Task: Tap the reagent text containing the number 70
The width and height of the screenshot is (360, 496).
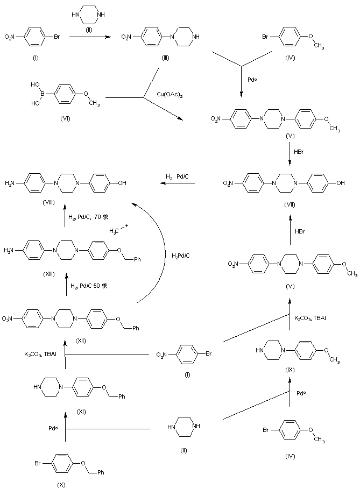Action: [x=88, y=217]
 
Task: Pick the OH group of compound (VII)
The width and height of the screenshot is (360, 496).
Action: [x=340, y=183]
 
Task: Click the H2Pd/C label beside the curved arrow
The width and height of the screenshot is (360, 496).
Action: [x=180, y=255]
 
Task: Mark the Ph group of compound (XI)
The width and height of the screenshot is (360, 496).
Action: [x=122, y=396]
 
